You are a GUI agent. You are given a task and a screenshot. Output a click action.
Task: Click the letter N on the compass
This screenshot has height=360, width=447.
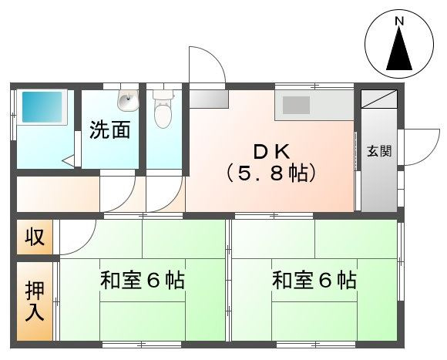[x=400, y=23]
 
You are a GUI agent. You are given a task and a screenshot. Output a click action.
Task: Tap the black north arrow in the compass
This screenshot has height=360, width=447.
[x=400, y=52]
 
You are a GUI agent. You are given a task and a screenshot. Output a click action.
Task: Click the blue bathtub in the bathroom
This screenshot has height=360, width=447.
[x=42, y=108]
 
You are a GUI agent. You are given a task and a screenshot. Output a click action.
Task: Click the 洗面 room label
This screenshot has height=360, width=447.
[x=109, y=130]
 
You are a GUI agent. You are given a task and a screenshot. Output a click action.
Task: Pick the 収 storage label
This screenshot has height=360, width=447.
[x=34, y=237]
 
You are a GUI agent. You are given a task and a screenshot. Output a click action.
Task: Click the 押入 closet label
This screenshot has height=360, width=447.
[x=35, y=301]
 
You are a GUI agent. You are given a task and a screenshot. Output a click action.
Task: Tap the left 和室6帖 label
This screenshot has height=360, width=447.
[x=142, y=280]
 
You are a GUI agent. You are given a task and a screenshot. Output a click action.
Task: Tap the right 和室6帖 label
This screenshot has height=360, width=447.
[x=314, y=280]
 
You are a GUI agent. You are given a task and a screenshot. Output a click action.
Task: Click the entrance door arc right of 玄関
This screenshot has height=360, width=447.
[x=419, y=145]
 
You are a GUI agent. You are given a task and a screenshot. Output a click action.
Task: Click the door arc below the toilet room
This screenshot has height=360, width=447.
[x=163, y=193]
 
